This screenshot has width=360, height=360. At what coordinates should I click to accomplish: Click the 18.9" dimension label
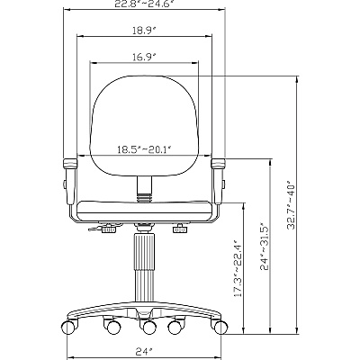pyautogui.click(x=145, y=31)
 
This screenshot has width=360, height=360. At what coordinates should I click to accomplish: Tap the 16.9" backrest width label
pyautogui.click(x=145, y=57)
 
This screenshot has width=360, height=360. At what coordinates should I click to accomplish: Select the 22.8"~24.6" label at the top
pyautogui.click(x=145, y=3)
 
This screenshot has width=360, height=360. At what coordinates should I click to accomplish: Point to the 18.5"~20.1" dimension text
pyautogui.click(x=144, y=149)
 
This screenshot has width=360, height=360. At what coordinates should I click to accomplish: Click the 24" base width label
pyautogui.click(x=144, y=351)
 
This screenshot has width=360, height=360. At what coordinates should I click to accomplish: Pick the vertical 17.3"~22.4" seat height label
pyautogui.click(x=238, y=268)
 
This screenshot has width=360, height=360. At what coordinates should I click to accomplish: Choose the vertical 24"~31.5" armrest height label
pyautogui.click(x=264, y=247)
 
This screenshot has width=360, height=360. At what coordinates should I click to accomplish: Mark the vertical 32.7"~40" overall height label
pyautogui.click(x=291, y=205)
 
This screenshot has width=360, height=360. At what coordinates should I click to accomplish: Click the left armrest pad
pyautogui.click(x=70, y=164)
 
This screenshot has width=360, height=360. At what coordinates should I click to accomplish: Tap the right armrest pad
pyautogui.click(x=218, y=164)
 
